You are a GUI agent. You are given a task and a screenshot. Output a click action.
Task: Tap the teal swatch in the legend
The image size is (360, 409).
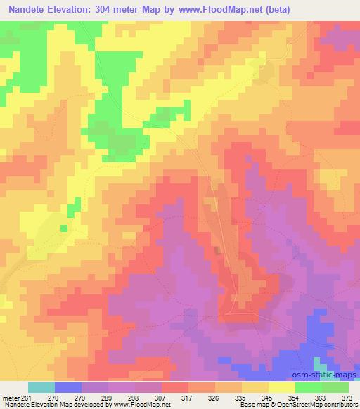click(x=41, y=387)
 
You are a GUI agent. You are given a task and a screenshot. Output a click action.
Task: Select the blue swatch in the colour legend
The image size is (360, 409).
click(x=67, y=387)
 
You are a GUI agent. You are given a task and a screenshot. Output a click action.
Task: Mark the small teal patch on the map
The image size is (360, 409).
click(x=320, y=364)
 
